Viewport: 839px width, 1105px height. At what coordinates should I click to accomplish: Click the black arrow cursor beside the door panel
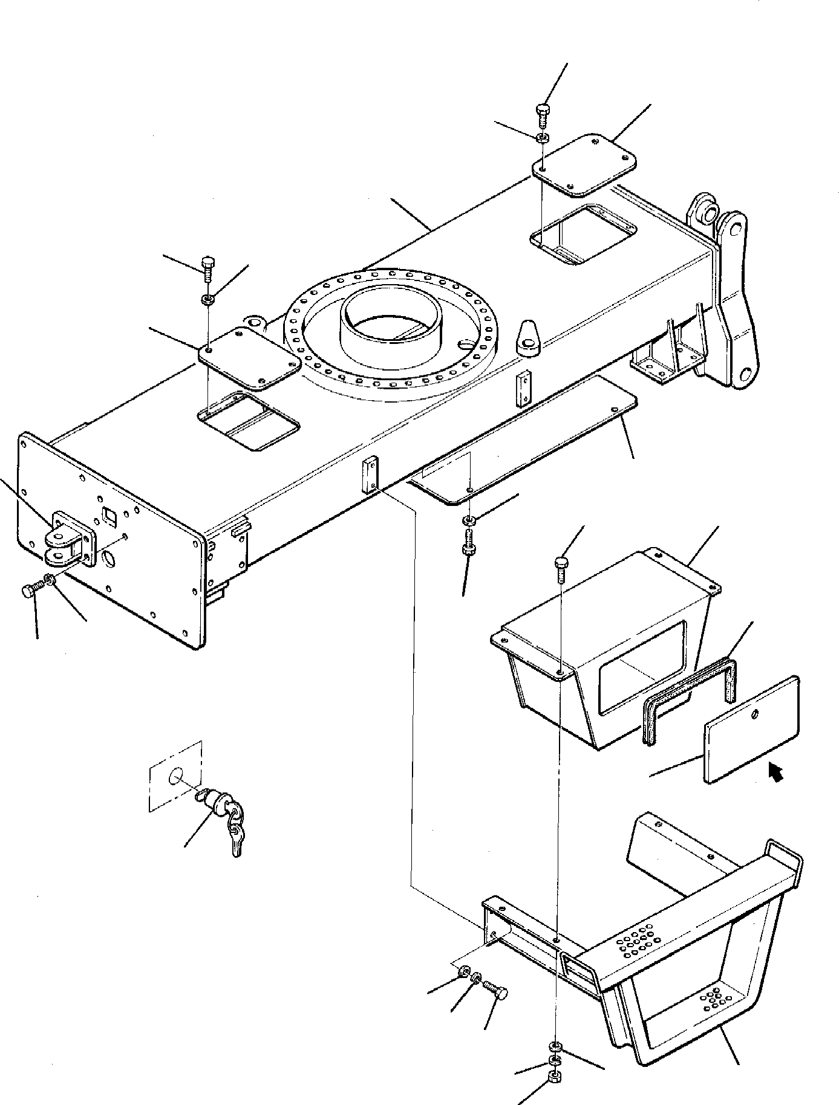[775, 772]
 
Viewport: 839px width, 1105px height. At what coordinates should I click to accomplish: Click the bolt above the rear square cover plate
[542, 112]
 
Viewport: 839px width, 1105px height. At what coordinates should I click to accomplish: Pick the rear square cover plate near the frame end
[584, 164]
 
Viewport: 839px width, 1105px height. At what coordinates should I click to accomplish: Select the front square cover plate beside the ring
[250, 358]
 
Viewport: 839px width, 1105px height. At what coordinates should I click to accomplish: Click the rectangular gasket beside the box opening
[690, 701]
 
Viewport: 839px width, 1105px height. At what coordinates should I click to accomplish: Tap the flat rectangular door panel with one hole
[752, 730]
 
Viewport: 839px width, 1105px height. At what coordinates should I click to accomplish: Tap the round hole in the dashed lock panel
[176, 776]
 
